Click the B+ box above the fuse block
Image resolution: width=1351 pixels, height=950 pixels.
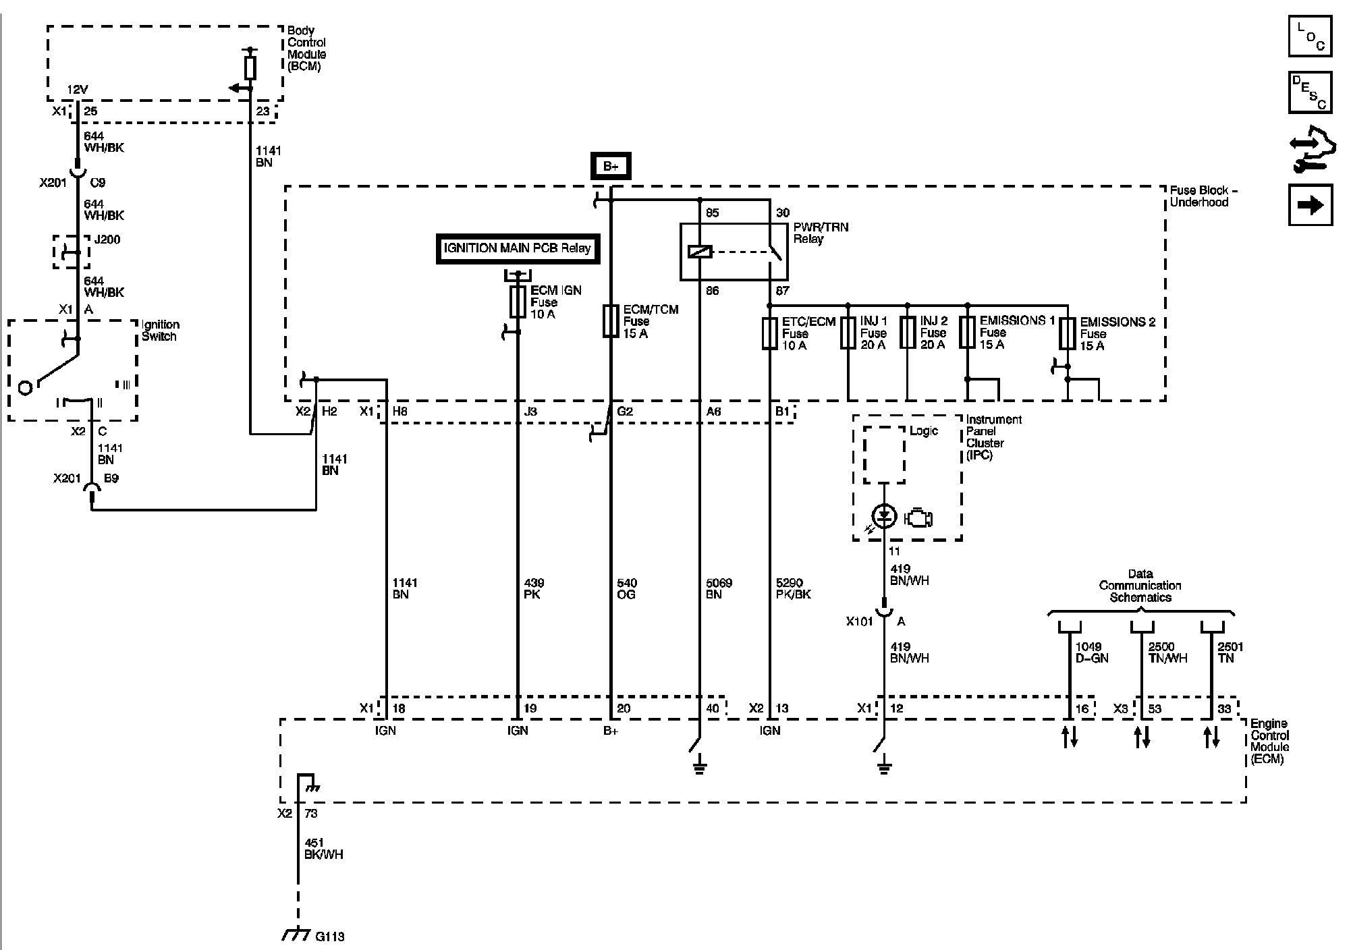click(611, 166)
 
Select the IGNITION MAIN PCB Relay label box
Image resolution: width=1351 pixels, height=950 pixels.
click(518, 248)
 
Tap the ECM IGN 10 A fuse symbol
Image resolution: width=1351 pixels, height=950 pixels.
click(518, 302)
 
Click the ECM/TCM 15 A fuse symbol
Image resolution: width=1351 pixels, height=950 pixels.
click(611, 320)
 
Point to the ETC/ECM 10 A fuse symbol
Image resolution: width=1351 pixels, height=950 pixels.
click(769, 333)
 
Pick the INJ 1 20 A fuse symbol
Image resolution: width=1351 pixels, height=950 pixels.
click(848, 333)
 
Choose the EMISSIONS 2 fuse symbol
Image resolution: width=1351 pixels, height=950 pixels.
click(1067, 333)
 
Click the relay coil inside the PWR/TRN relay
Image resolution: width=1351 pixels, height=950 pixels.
click(700, 252)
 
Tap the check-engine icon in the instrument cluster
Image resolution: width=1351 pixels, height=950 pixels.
click(918, 518)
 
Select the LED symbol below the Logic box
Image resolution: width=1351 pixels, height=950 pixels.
click(884, 517)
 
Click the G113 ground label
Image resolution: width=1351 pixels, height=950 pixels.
click(330, 937)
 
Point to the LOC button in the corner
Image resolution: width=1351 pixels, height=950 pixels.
click(1311, 36)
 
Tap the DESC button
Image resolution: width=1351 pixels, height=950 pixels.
click(1311, 92)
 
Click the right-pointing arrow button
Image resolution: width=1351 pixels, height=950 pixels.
click(1311, 204)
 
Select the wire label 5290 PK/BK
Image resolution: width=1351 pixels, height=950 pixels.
click(794, 588)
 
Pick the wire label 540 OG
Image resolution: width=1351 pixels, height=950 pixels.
click(627, 588)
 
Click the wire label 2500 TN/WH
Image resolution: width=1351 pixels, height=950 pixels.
click(1167, 652)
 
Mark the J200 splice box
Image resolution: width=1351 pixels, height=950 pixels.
click(71, 252)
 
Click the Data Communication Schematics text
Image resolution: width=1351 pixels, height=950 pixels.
click(1140, 586)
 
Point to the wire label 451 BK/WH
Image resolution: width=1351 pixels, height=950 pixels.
click(323, 849)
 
